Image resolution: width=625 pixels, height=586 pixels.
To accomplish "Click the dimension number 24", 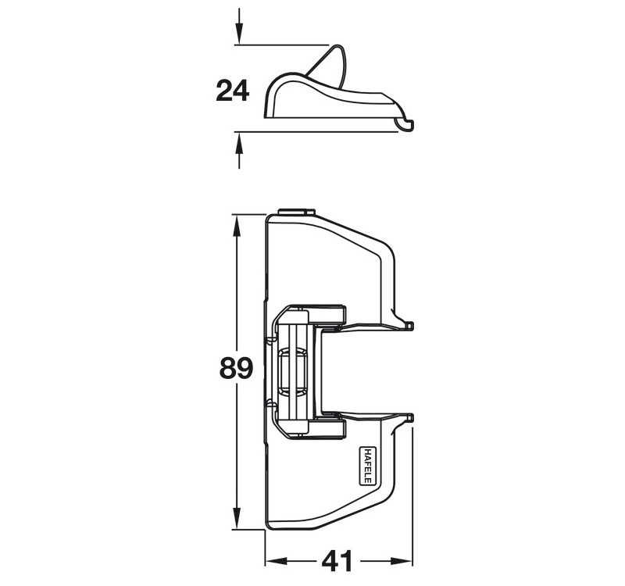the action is [x=232, y=91].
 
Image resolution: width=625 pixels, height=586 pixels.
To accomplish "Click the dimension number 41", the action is [x=337, y=561].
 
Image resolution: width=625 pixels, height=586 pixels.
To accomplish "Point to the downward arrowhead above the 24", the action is [x=239, y=33].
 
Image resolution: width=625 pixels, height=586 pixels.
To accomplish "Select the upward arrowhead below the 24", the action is [x=239, y=144].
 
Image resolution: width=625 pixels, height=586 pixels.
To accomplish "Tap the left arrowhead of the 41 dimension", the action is [x=277, y=561].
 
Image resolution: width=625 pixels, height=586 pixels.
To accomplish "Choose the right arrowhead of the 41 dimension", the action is [x=401, y=561].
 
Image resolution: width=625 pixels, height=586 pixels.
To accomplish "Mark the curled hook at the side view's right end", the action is [x=405, y=123].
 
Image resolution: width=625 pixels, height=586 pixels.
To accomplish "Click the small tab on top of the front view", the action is [x=296, y=211].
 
